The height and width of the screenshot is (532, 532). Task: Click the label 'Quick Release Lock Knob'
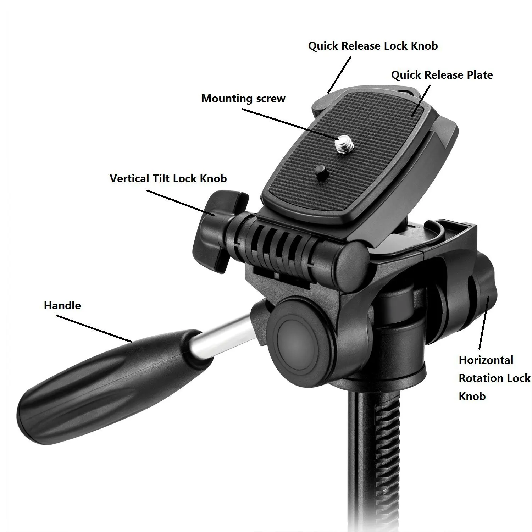[373, 46]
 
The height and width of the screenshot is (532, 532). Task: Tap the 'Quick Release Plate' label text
[442, 75]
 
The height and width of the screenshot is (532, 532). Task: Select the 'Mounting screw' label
[243, 98]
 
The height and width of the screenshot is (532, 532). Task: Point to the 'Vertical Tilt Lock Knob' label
[168, 178]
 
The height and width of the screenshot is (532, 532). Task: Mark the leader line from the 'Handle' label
[94, 328]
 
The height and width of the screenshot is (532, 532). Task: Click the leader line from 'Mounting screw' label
[289, 124]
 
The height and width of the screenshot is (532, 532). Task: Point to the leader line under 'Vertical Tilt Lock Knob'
[181, 203]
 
